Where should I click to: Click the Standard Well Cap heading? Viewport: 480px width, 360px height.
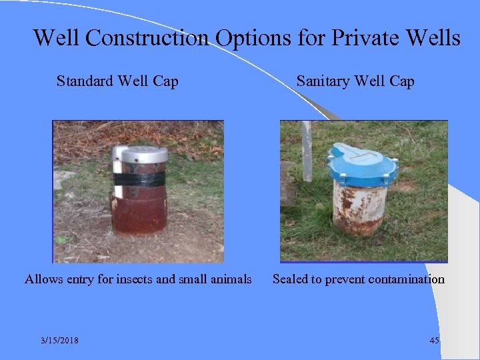click(x=117, y=82)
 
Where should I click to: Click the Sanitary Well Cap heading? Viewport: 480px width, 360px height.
click(x=355, y=82)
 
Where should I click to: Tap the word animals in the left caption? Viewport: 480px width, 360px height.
click(x=230, y=279)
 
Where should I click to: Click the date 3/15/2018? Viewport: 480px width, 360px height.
click(x=59, y=341)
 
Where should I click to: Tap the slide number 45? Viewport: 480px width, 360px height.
click(x=435, y=341)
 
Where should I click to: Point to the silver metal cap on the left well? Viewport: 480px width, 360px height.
click(x=139, y=155)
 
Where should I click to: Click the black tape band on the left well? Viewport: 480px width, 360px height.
click(x=139, y=179)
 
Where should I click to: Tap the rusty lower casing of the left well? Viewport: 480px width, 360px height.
click(x=139, y=213)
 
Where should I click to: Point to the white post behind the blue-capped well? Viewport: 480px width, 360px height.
click(x=306, y=150)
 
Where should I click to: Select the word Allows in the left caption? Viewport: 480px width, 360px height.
click(x=44, y=279)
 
